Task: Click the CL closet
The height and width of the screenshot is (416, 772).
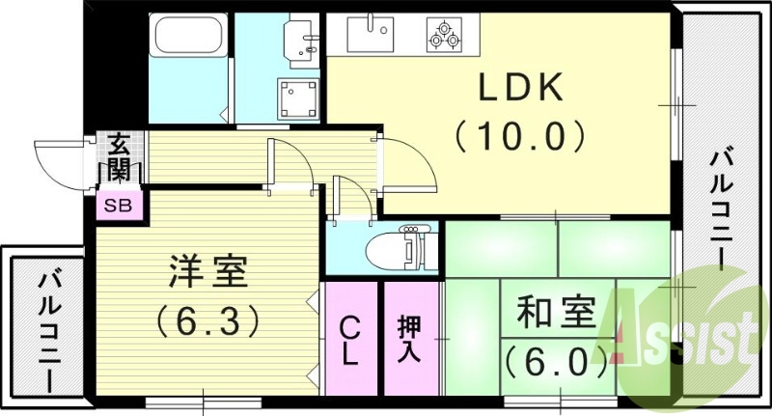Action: point(350,338)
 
